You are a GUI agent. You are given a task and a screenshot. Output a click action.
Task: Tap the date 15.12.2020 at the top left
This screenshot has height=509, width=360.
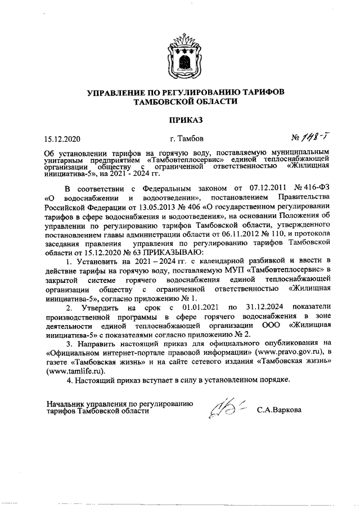coord(63,138)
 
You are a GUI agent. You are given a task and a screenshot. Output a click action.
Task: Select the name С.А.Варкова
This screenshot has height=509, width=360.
coord(280,409)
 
